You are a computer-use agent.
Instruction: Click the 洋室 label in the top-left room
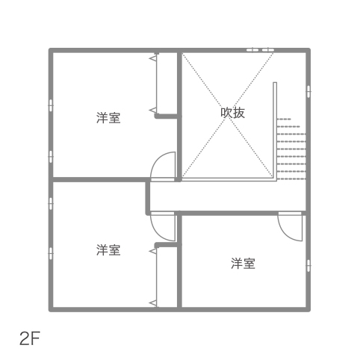click(108, 118)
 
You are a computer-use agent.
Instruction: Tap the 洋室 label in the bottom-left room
click(108, 250)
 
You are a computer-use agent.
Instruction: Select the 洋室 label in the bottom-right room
click(243, 264)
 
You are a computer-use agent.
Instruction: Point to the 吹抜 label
click(233, 113)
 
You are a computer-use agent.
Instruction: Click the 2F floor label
click(30, 338)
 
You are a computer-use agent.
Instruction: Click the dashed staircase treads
click(291, 149)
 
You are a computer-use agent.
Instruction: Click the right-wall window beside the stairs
click(308, 92)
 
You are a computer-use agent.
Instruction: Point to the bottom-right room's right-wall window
click(308, 266)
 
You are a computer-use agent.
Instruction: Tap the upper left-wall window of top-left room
click(51, 105)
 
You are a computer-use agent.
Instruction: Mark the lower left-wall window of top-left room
click(51, 157)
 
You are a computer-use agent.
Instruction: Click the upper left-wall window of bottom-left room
click(51, 204)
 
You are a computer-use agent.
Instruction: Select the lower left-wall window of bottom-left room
click(51, 253)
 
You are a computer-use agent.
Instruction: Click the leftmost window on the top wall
click(252, 50)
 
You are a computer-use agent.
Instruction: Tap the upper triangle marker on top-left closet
click(153, 58)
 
